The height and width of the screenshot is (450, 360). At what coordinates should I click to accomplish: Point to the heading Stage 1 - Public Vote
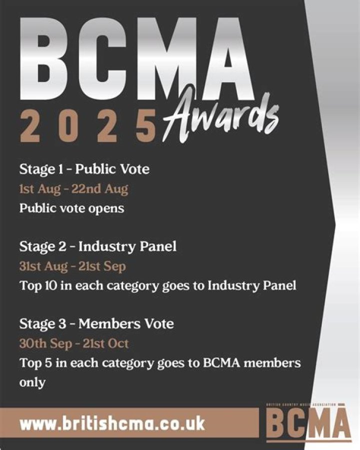coord(84,169)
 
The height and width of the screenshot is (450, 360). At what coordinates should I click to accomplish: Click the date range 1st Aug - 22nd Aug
coord(73,189)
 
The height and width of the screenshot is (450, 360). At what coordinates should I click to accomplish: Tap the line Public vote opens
coord(71,208)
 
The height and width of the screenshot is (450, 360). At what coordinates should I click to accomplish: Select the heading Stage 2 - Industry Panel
coord(97,247)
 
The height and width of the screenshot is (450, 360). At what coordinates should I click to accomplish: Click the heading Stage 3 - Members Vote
coord(96,324)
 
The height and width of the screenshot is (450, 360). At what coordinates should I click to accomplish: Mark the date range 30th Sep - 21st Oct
coord(73,344)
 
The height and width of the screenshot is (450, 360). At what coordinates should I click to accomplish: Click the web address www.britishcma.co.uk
coord(112,423)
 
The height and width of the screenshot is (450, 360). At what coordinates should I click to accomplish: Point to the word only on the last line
coord(32,382)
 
